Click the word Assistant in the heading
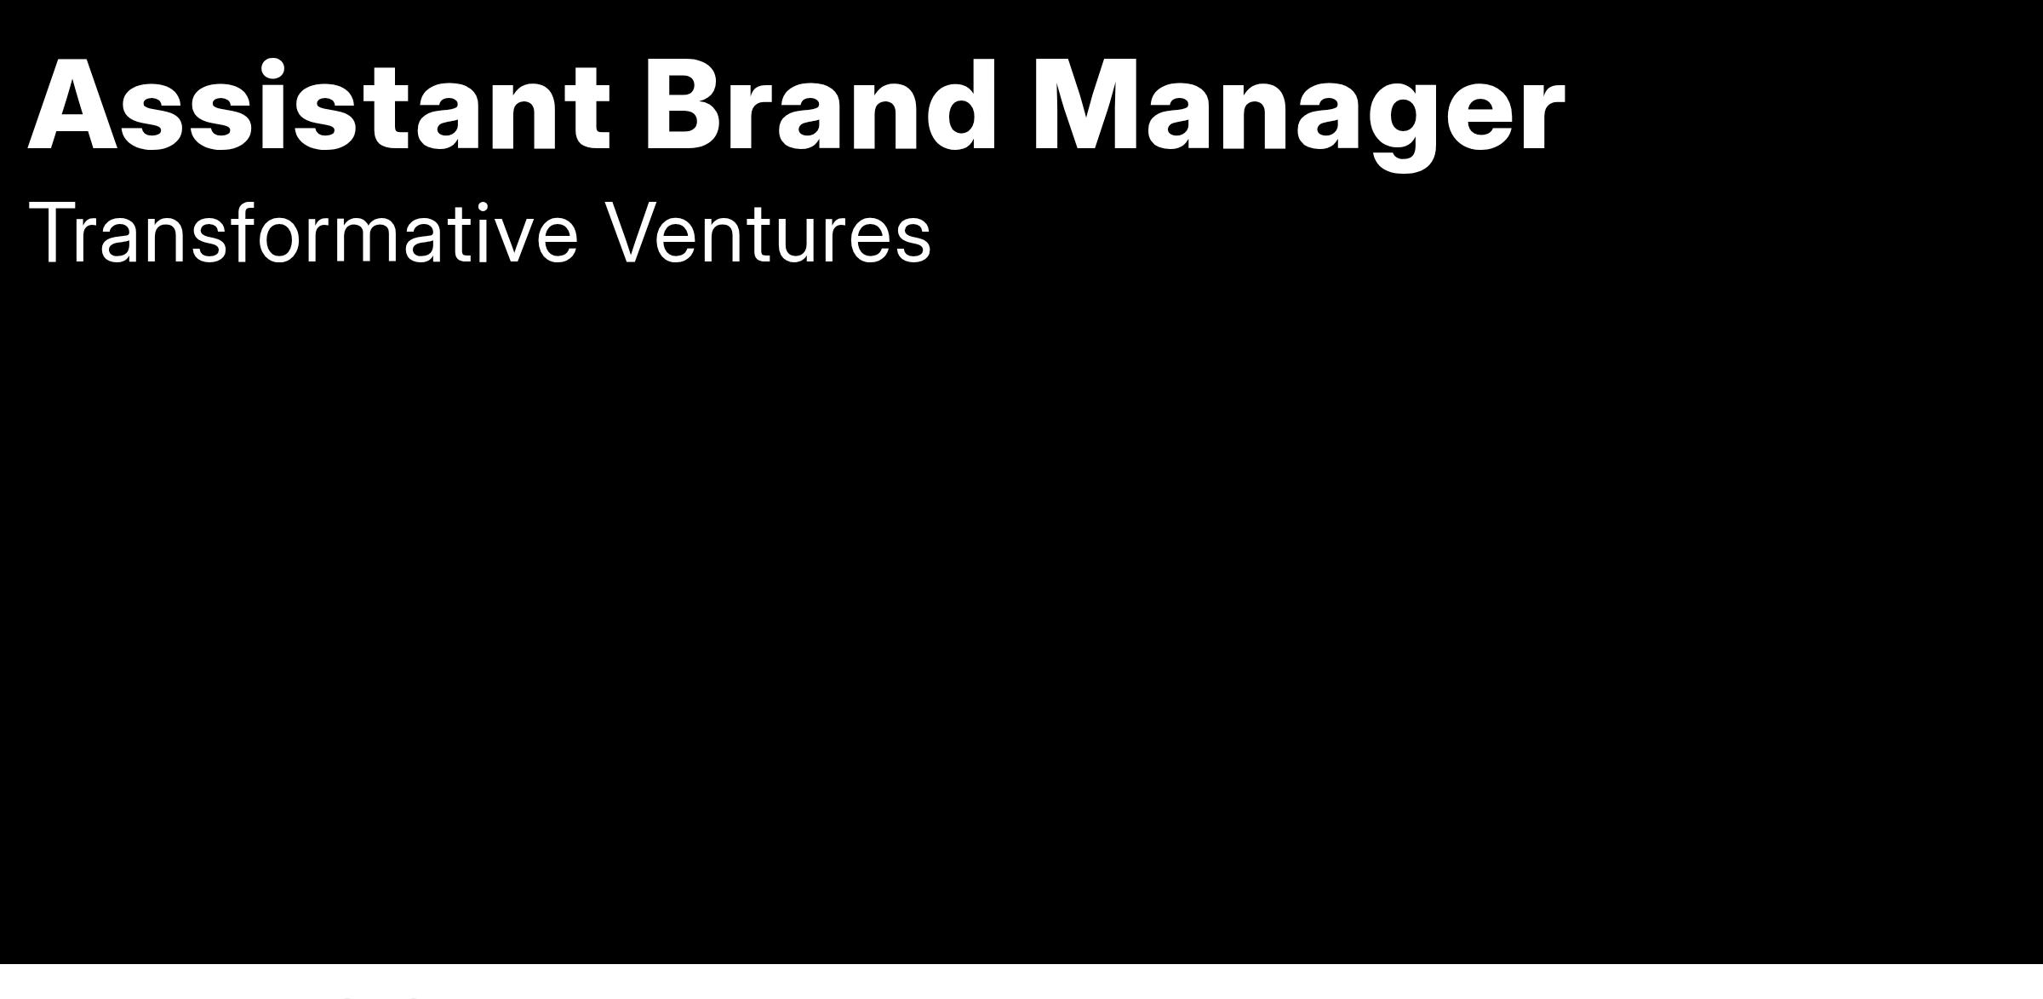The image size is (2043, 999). coord(319,106)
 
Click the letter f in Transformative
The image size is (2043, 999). coord(244,232)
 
